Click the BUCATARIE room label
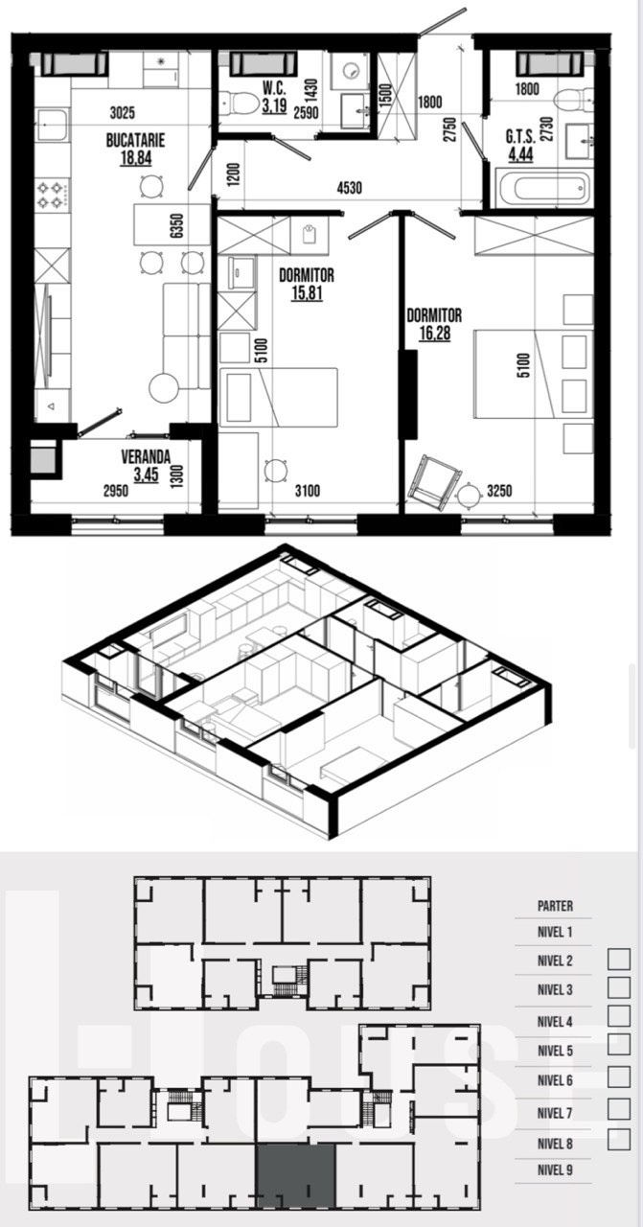[x=135, y=140]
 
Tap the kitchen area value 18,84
[x=136, y=158]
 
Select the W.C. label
[x=274, y=88]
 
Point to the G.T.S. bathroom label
[x=520, y=136]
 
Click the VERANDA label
[x=146, y=456]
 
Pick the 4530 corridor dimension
[x=350, y=188]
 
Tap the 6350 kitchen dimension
[x=176, y=225]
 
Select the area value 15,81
[x=307, y=293]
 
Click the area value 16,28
[x=434, y=333]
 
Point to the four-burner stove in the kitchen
[x=53, y=195]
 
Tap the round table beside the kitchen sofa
[x=164, y=388]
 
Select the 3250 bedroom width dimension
[x=499, y=490]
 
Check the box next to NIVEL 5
[x=619, y=1044]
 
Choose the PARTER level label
[x=556, y=906]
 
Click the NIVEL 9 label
[x=555, y=1169]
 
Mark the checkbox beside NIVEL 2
[x=619, y=960]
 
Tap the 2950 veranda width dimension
[x=116, y=490]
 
